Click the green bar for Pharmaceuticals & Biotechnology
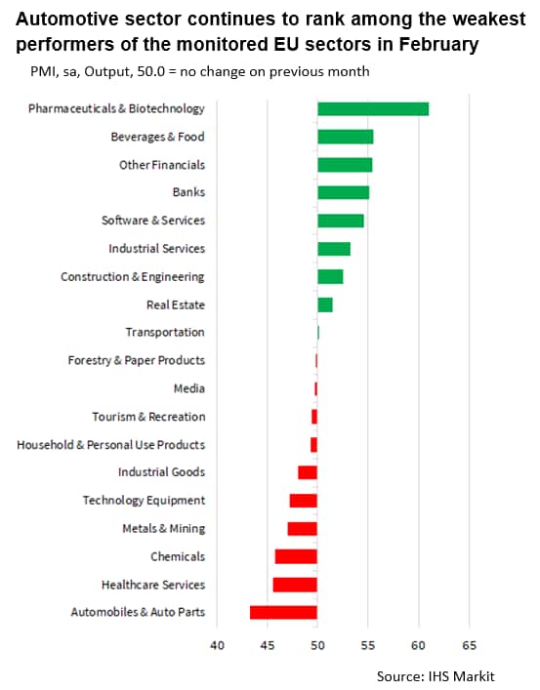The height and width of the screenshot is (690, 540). click(373, 108)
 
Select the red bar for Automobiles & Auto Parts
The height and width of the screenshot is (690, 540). click(283, 613)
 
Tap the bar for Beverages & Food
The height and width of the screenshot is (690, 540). click(346, 137)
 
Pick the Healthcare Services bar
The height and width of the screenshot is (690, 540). click(295, 585)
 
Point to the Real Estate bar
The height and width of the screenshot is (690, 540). click(325, 304)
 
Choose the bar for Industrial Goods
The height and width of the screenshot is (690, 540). click(308, 472)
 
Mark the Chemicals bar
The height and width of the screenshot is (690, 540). click(296, 556)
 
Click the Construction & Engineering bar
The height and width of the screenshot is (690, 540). click(330, 277)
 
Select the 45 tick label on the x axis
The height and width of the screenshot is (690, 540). click(268, 645)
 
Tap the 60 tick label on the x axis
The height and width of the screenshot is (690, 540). click(419, 645)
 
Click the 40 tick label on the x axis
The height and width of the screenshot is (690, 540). click(217, 645)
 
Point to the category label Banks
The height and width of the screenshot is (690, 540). click(189, 192)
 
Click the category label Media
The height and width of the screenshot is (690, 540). click(189, 388)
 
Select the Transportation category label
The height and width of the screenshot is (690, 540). click(165, 332)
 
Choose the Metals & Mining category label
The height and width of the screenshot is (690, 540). click(164, 529)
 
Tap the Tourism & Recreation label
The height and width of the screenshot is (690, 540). click(148, 417)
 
